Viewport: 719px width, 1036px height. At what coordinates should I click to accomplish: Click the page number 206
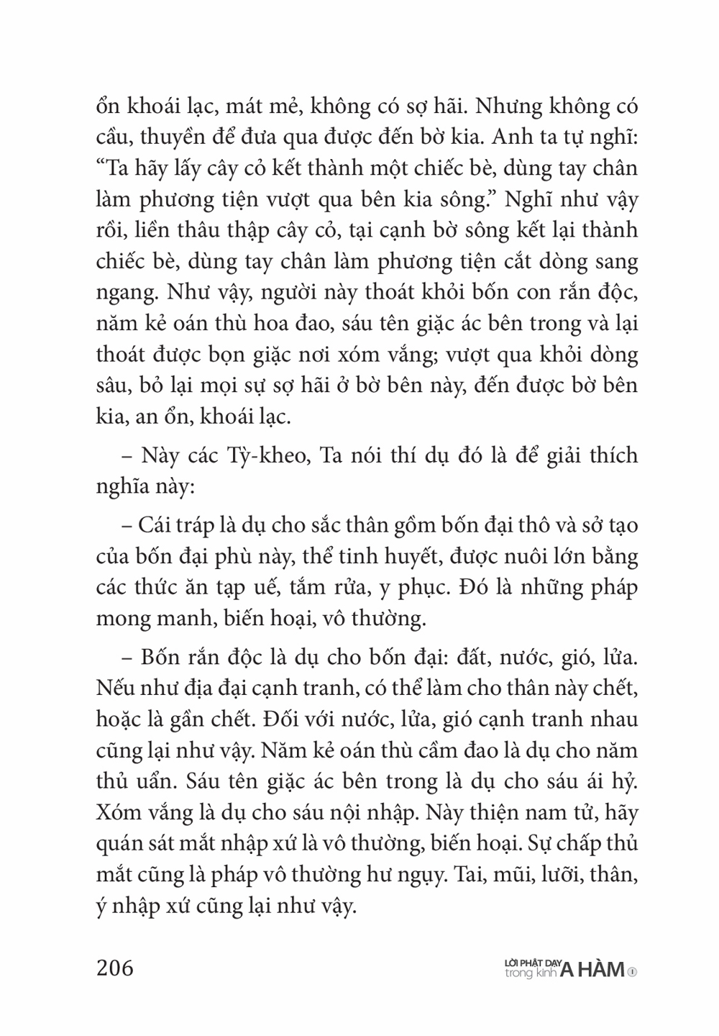click(115, 968)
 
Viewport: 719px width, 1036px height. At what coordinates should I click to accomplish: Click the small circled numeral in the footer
click(632, 971)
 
